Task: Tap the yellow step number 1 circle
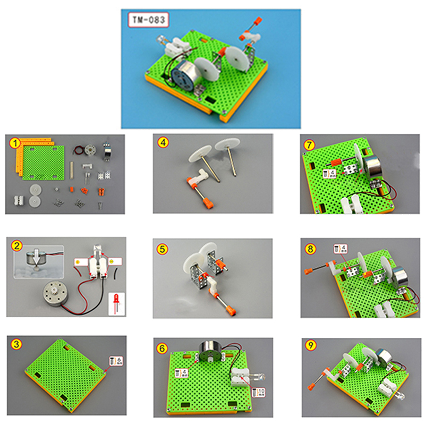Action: coord(16,143)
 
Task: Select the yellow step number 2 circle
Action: coord(16,245)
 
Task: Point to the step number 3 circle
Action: coord(16,344)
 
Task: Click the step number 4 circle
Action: coord(163,142)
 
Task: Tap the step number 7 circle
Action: coord(310,144)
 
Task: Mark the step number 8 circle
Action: coord(310,248)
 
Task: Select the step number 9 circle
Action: coord(310,346)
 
